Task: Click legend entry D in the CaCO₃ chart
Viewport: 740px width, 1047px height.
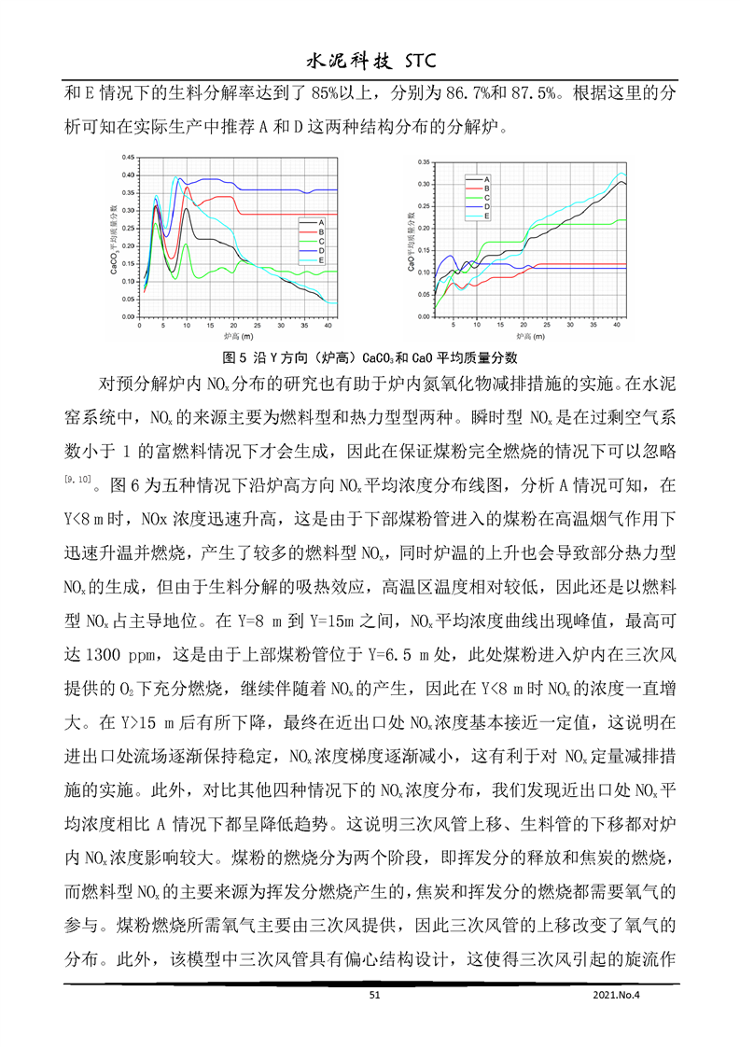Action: [321, 250]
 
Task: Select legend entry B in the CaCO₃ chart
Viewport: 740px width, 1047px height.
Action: [321, 230]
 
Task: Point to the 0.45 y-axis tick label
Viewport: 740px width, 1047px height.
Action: [129, 158]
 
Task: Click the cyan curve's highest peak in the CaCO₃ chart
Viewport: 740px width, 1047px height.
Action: [175, 177]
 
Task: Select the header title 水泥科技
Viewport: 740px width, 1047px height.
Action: [340, 62]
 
